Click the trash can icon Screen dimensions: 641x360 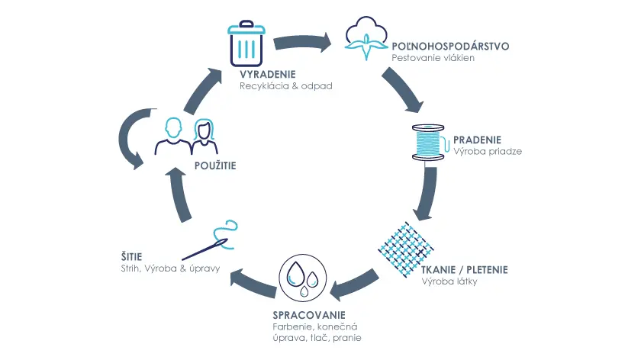click(246, 43)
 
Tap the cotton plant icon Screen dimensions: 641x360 click(366, 38)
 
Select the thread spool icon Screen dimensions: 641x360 click(429, 142)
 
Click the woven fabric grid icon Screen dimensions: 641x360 click(405, 249)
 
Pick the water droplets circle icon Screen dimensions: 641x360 click(303, 278)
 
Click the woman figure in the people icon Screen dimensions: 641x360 click(205, 137)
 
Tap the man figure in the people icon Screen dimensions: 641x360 click(173, 137)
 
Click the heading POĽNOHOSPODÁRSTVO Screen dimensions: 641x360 click(450, 47)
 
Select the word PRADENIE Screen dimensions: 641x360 click(477, 140)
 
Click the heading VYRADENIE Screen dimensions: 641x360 click(268, 75)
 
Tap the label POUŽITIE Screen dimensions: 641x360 click(215, 166)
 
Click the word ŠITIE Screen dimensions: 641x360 click(131, 256)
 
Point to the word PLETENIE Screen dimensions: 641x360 click(488, 270)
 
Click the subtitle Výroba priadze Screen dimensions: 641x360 click(488, 151)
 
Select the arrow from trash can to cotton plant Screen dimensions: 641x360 click(302, 42)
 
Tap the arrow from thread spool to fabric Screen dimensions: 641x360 click(427, 193)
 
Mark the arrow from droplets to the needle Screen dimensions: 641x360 click(253, 282)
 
